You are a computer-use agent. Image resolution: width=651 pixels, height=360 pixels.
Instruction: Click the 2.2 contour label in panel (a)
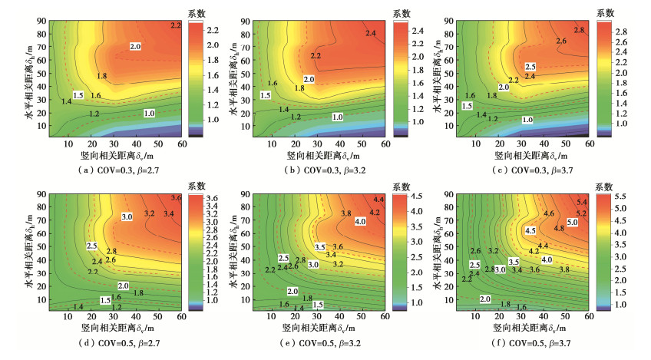(x=175, y=26)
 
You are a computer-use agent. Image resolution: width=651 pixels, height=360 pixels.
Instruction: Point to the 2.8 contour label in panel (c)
(x=579, y=29)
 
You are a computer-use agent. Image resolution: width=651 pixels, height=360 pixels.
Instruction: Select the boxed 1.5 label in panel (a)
(x=78, y=95)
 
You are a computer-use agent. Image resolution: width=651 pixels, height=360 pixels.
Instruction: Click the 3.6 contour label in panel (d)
(x=176, y=198)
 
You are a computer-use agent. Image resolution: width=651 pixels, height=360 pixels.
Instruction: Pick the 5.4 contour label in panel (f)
(x=582, y=202)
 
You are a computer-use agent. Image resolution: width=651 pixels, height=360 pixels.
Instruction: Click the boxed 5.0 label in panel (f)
(x=572, y=221)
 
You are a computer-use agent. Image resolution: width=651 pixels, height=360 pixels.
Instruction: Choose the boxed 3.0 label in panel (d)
(x=128, y=218)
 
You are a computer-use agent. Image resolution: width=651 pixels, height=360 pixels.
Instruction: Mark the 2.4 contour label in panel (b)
(x=371, y=33)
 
